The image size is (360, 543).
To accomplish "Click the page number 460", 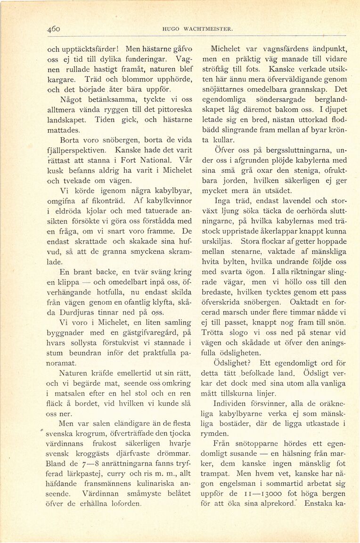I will click(x=54, y=29).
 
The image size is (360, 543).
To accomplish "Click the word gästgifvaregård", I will click(x=147, y=333).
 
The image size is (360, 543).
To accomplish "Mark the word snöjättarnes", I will click(x=231, y=89).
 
